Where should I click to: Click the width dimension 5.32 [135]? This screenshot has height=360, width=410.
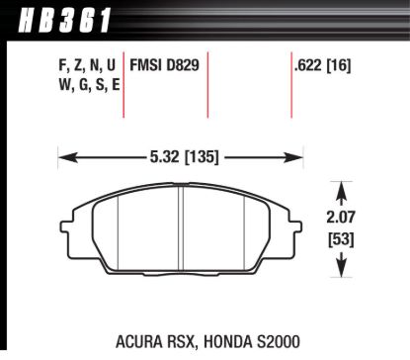pyautogui.click(x=180, y=156)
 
